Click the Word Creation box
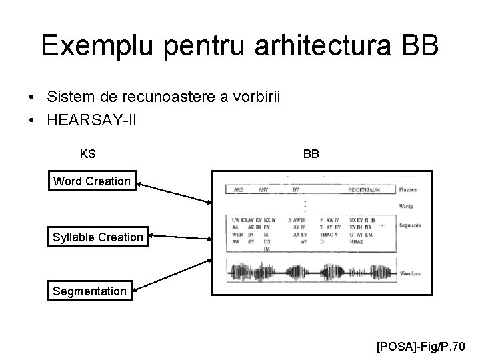click(92, 181)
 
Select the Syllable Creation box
click(98, 237)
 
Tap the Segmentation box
click(89, 291)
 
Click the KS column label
click(87, 154)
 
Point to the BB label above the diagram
click(311, 154)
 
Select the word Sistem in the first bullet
click(69, 97)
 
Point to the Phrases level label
click(408, 189)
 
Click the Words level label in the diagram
click(406, 207)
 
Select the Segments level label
click(409, 226)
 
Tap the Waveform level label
click(409, 273)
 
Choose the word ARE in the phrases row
click(238, 189)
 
